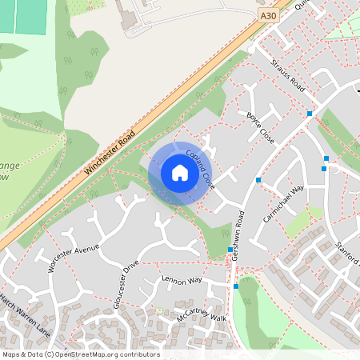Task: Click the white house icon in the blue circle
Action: [179, 172]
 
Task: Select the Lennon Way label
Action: [182, 281]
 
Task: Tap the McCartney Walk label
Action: [204, 314]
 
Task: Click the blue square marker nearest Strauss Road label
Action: [310, 114]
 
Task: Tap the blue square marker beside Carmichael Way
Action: [258, 179]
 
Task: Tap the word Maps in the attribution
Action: [11, 354]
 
